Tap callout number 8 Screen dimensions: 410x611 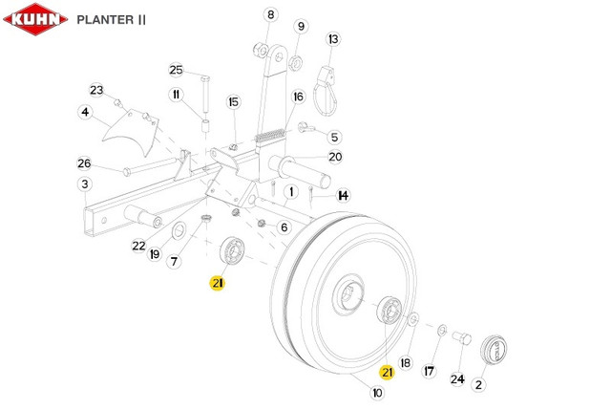[x=269, y=14]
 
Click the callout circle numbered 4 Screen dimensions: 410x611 [x=84, y=112]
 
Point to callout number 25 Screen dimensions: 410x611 [x=176, y=70]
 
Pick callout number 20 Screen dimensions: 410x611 [x=335, y=157]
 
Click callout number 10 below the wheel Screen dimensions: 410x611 [x=377, y=393]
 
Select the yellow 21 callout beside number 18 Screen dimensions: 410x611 [x=388, y=372]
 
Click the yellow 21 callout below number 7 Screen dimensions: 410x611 [x=218, y=283]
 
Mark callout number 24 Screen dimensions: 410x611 [x=457, y=379]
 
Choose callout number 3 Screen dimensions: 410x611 [x=84, y=183]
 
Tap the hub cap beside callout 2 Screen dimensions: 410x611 [x=497, y=351]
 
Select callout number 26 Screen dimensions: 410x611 [x=83, y=162]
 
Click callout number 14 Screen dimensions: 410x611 [x=342, y=196]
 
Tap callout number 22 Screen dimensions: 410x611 [x=139, y=246]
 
